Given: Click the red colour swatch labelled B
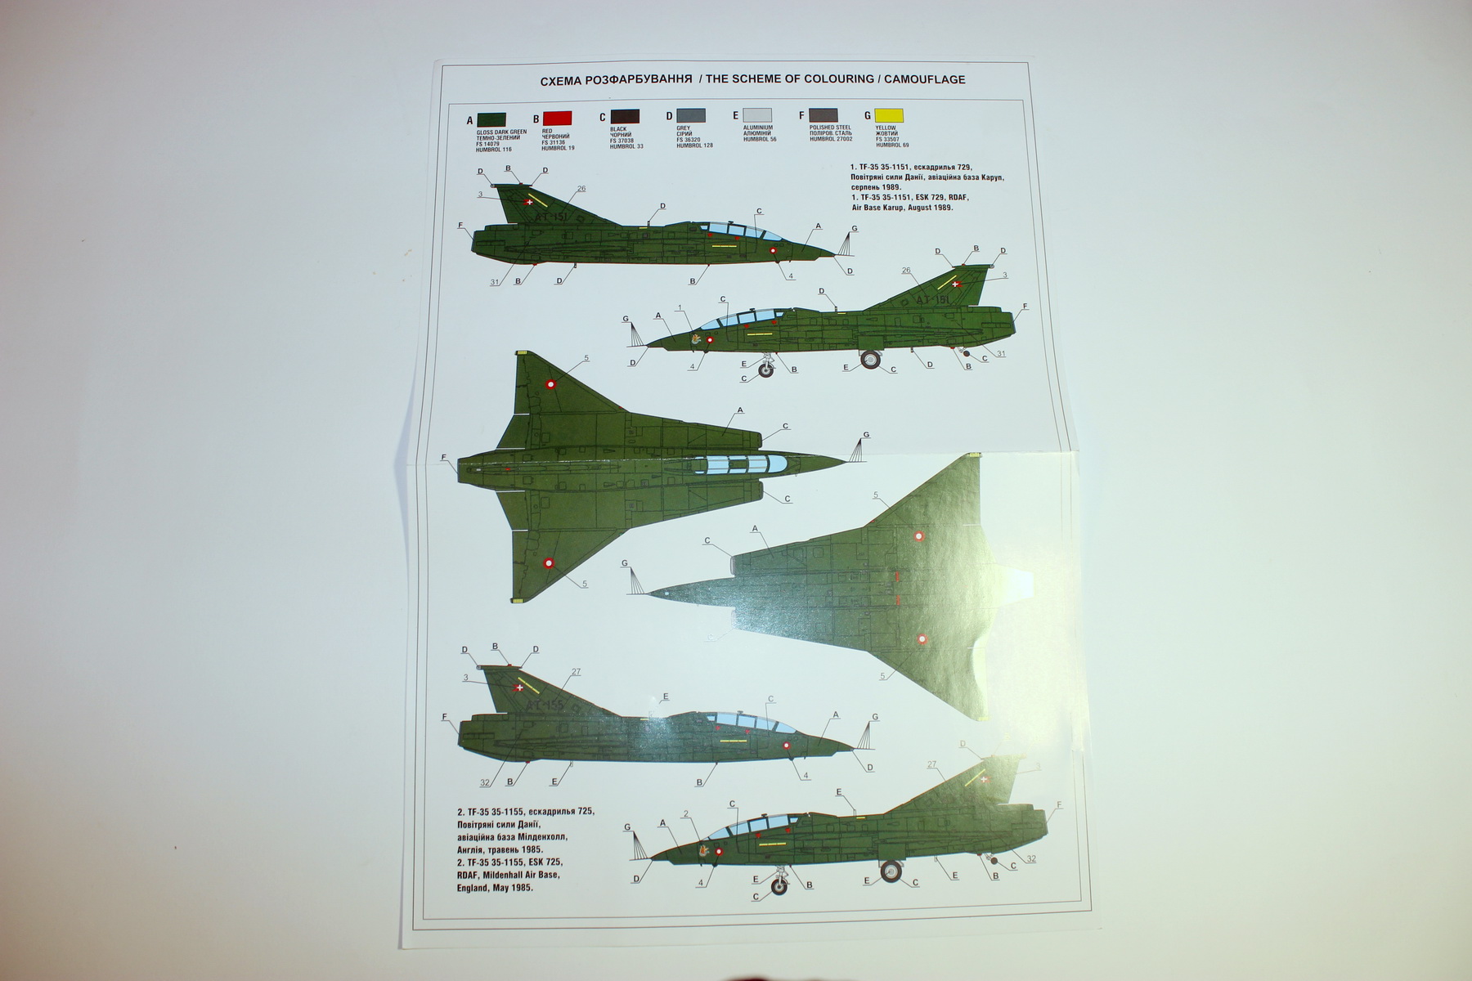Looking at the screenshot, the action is [557, 119].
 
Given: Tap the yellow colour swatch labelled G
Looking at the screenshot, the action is [889, 116].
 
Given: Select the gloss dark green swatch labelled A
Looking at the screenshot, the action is [491, 119].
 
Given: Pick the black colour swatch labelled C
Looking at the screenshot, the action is [624, 117].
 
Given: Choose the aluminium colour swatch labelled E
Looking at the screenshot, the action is [756, 116].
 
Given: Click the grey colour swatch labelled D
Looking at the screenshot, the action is [691, 116].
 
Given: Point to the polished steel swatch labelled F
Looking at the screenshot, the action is [823, 116].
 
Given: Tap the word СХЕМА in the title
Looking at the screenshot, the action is [560, 80].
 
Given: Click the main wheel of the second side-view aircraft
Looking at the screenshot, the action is [870, 359].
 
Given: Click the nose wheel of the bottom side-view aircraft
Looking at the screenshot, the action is [781, 885].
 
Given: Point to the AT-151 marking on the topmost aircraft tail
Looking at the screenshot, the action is [551, 218].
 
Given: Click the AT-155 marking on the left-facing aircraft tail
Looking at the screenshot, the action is [545, 704].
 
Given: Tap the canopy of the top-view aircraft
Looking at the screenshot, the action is [740, 464].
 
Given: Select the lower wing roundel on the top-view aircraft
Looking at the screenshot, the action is [549, 563].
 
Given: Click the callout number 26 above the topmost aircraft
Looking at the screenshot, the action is [581, 189].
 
